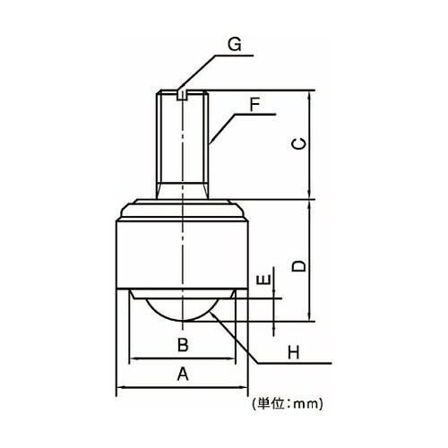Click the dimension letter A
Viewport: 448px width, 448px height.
pos(183,375)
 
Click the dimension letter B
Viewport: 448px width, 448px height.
pos(183,345)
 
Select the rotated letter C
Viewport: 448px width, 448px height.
pos(299,144)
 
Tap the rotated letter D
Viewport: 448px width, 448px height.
pos(299,266)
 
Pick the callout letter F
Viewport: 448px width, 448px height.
pos(254,105)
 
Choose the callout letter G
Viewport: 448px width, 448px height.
pos(235,45)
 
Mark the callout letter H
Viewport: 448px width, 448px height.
pos(293,353)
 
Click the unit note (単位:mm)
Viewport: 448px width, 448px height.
pos(288,404)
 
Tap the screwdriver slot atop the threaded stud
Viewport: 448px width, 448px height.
pos(182,95)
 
